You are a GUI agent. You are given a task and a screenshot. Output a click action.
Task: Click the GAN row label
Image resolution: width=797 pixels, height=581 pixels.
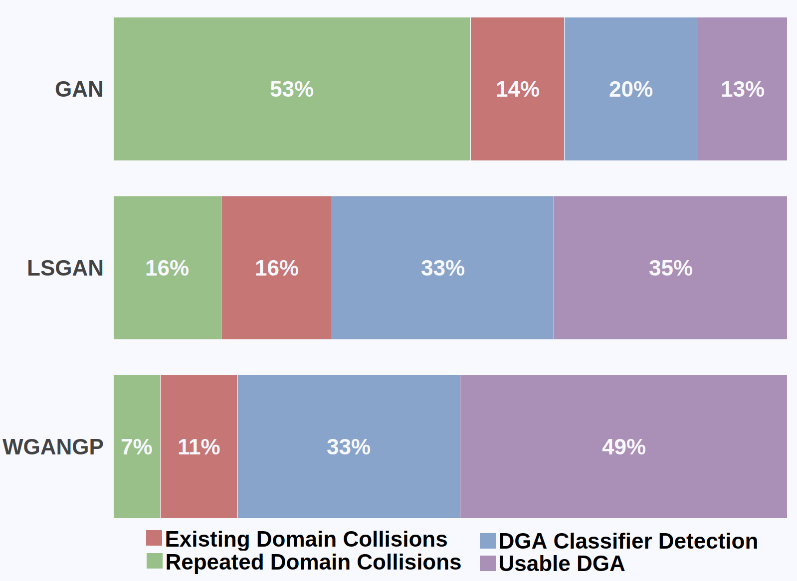(x=79, y=90)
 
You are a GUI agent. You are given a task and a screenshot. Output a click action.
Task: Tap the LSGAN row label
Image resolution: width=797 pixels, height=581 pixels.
(x=65, y=268)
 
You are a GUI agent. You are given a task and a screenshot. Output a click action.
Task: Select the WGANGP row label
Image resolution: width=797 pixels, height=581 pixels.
(x=53, y=447)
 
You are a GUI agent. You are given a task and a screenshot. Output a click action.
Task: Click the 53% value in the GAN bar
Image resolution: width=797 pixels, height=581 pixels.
(x=292, y=90)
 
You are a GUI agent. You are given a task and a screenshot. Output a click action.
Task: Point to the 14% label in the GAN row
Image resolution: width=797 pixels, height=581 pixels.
(x=517, y=90)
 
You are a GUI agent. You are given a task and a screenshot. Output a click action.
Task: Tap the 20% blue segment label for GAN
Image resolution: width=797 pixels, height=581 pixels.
(x=630, y=90)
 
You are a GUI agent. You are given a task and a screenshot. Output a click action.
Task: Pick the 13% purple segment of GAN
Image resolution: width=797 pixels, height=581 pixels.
(x=742, y=90)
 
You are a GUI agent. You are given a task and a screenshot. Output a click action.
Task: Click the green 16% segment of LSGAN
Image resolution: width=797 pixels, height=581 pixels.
(x=167, y=268)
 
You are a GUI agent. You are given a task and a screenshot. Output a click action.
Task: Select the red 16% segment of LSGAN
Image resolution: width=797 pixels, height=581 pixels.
(x=276, y=268)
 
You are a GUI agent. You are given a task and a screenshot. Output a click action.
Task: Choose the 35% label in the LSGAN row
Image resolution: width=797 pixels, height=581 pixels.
(x=670, y=268)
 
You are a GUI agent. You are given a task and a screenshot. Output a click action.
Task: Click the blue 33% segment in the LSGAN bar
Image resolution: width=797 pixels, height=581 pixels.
(x=442, y=268)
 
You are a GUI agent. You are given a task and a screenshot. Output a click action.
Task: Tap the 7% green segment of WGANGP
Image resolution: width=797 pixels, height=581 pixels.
(x=137, y=447)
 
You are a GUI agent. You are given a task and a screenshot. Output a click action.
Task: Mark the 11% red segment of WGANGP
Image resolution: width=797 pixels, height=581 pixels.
(x=199, y=447)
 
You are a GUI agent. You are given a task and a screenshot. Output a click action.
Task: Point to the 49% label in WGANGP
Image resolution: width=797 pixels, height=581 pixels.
(x=623, y=447)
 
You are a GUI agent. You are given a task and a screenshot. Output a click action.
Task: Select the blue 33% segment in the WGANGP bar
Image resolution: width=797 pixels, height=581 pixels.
(x=348, y=447)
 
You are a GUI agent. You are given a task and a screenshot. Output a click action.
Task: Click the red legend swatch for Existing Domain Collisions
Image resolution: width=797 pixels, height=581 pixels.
(x=154, y=539)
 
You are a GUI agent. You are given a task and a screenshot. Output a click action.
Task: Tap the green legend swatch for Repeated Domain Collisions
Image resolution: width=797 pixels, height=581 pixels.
(x=154, y=561)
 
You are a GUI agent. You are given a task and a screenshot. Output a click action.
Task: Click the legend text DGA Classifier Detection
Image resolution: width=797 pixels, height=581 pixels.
(x=628, y=541)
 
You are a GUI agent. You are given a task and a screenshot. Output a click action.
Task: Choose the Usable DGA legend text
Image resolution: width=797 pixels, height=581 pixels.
(x=561, y=564)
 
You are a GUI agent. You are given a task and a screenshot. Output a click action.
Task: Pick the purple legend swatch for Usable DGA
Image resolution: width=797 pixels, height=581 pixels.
(x=487, y=564)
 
